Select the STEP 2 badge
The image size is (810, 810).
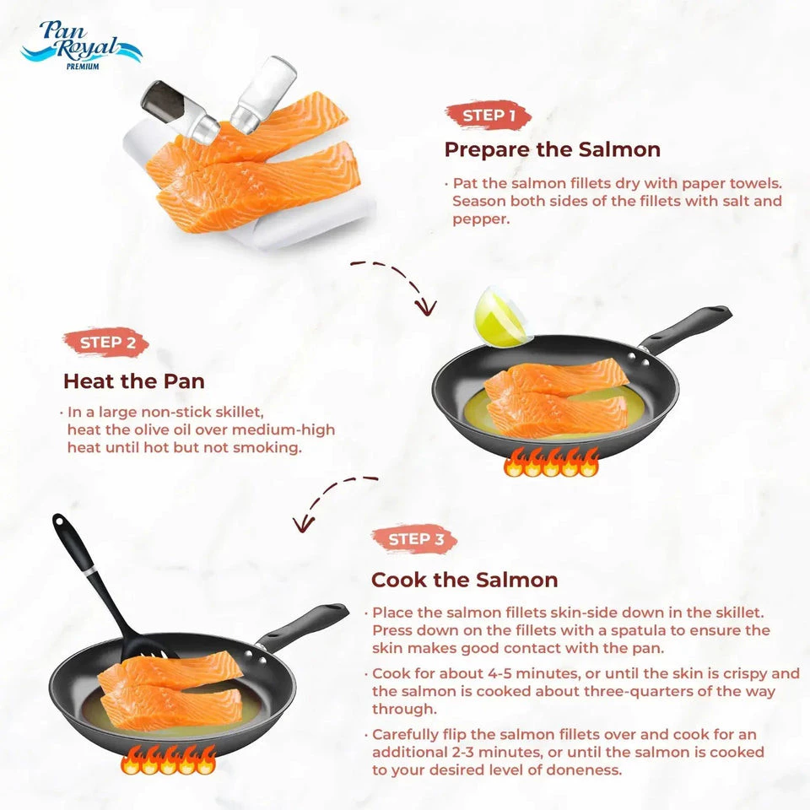click(106, 343)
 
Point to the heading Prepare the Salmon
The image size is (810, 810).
click(552, 150)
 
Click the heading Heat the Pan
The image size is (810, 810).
click(133, 381)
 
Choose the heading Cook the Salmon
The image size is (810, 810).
click(464, 580)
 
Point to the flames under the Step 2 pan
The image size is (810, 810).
click(550, 462)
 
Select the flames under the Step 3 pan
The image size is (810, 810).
click(168, 759)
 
